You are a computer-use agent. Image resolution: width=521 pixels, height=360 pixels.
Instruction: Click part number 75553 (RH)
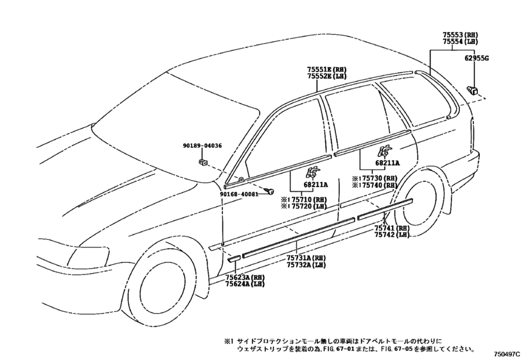[460, 35]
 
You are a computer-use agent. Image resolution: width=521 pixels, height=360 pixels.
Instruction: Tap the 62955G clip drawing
[473, 89]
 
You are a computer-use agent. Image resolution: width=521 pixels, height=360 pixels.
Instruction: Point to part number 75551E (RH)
[326, 69]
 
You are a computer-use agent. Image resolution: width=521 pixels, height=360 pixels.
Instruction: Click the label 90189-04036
[202, 145]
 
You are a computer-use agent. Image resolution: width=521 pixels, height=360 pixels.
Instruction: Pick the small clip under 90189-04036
[203, 162]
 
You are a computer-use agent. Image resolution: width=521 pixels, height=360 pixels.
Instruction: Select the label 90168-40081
[239, 194]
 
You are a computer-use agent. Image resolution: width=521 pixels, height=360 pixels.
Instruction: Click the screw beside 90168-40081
[269, 191]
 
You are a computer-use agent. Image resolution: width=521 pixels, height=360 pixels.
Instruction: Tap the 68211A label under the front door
[315, 184]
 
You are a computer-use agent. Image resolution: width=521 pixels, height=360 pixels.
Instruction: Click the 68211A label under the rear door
[387, 163]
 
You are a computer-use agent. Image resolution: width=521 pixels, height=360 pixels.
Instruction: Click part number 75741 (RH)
[392, 228]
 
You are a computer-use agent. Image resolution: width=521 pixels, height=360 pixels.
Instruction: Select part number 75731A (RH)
[306, 258]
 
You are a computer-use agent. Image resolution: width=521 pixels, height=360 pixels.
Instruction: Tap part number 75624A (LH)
[245, 284]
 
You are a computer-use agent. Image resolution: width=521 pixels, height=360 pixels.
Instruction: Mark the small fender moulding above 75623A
[233, 258]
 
